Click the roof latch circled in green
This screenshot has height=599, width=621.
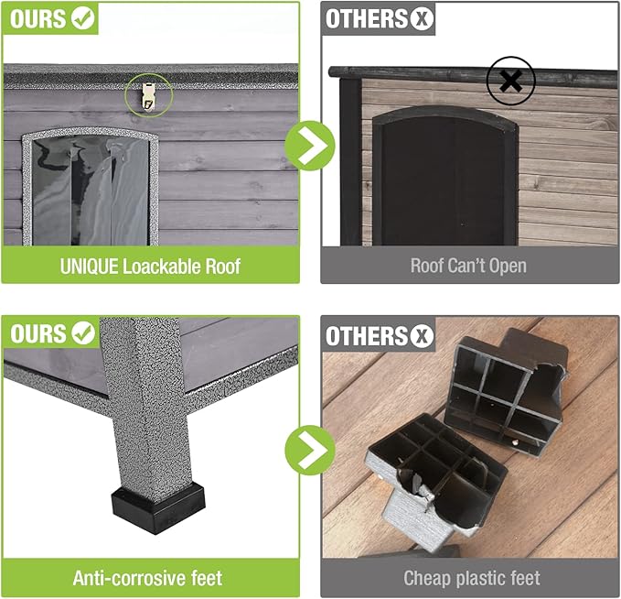(143, 93)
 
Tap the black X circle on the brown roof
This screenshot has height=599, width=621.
(510, 82)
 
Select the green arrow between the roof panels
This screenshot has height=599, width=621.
(309, 145)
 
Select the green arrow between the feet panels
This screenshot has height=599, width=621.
(309, 449)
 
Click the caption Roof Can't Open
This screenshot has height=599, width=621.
(469, 267)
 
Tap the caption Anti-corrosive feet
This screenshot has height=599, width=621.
(147, 578)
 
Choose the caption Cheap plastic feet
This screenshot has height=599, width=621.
(471, 578)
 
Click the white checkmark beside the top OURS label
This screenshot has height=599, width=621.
(83, 19)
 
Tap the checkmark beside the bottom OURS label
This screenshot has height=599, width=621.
(83, 332)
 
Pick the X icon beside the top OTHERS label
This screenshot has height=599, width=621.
(422, 19)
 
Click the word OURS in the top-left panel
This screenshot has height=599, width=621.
(37, 19)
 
